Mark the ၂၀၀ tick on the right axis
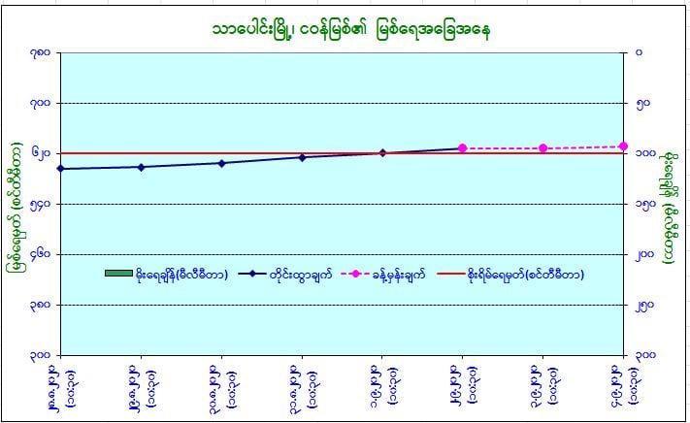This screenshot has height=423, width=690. click(642, 254)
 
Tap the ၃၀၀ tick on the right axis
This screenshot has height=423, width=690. click(642, 355)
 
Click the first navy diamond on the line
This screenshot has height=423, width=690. click(60, 169)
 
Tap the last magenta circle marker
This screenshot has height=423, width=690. click(623, 146)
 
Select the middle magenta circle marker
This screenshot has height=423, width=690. click(542, 148)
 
